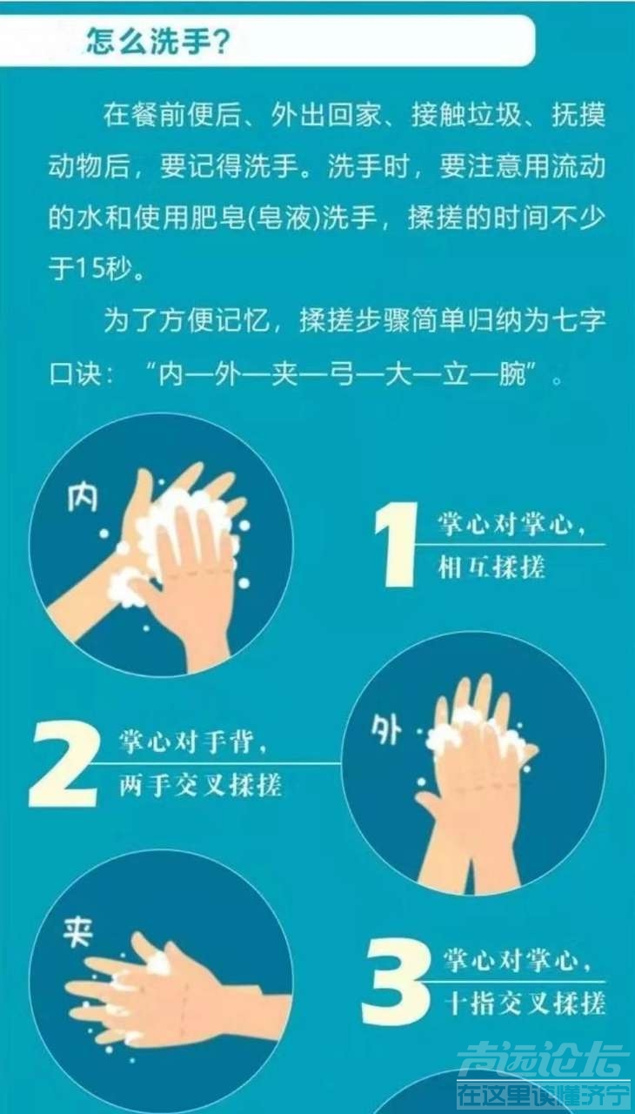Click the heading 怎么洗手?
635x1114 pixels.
pos(158,41)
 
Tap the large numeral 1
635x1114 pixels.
pos(396,544)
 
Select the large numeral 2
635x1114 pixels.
pos(64,764)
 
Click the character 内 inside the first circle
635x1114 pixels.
pos(83,496)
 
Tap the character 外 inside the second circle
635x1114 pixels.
pos(386,729)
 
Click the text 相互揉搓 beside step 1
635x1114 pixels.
pos(491,567)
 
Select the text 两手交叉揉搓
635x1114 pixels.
pos(200,785)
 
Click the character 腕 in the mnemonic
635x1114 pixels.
pos(512,373)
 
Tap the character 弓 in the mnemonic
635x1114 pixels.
pos(343,373)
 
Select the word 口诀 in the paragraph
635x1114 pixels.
pos(76,373)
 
